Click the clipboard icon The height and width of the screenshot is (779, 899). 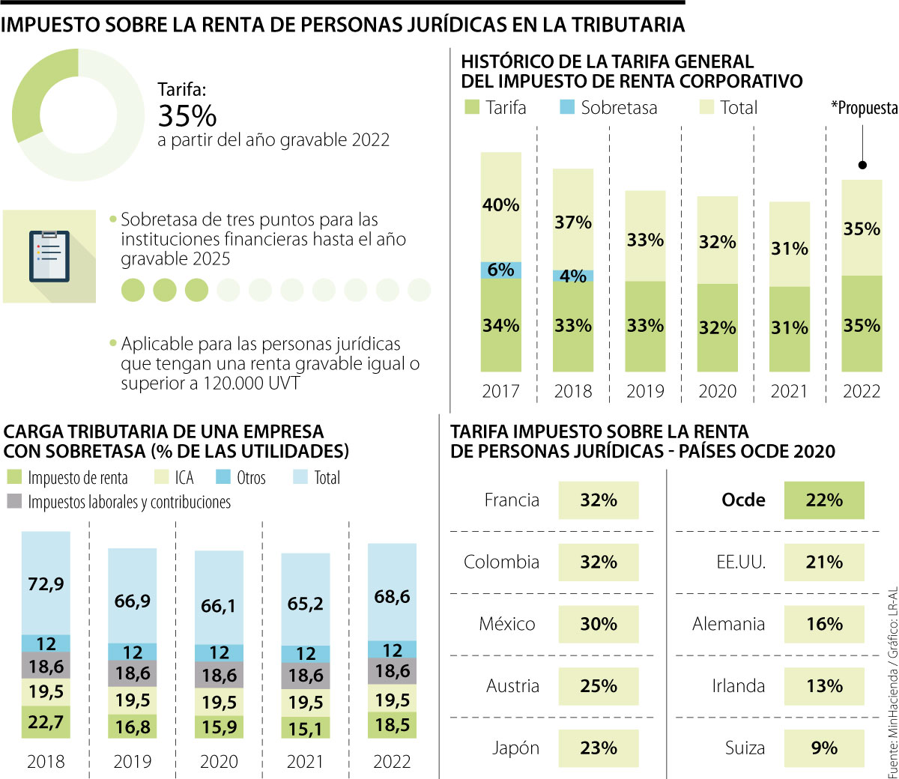tap(49, 256)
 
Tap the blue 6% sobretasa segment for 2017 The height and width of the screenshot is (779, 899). tap(500, 270)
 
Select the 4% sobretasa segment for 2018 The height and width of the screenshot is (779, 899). tap(573, 276)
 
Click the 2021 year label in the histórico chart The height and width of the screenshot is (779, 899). tap(789, 391)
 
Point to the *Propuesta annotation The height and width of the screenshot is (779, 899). tap(864, 108)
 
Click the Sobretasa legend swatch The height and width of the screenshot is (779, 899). tap(567, 107)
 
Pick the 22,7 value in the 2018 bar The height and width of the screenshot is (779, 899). tap(46, 722)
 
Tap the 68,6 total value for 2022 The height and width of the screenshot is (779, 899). tap(392, 596)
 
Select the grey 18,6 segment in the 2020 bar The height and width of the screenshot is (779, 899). tap(219, 676)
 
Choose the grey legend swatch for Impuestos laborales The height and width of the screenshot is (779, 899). tap(14, 501)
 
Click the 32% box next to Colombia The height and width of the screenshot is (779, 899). tap(598, 562)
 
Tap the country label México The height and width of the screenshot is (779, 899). tap(507, 624)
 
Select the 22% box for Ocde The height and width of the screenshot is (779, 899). tap(824, 500)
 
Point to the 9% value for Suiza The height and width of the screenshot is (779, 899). tap(824, 748)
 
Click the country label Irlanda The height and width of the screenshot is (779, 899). tap(738, 686)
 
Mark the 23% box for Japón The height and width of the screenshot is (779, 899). tap(598, 748)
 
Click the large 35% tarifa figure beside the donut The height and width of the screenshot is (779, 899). tap(187, 116)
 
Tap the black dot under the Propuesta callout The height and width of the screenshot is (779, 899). tap(862, 165)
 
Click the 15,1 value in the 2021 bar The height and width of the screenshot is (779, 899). tap(305, 728)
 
